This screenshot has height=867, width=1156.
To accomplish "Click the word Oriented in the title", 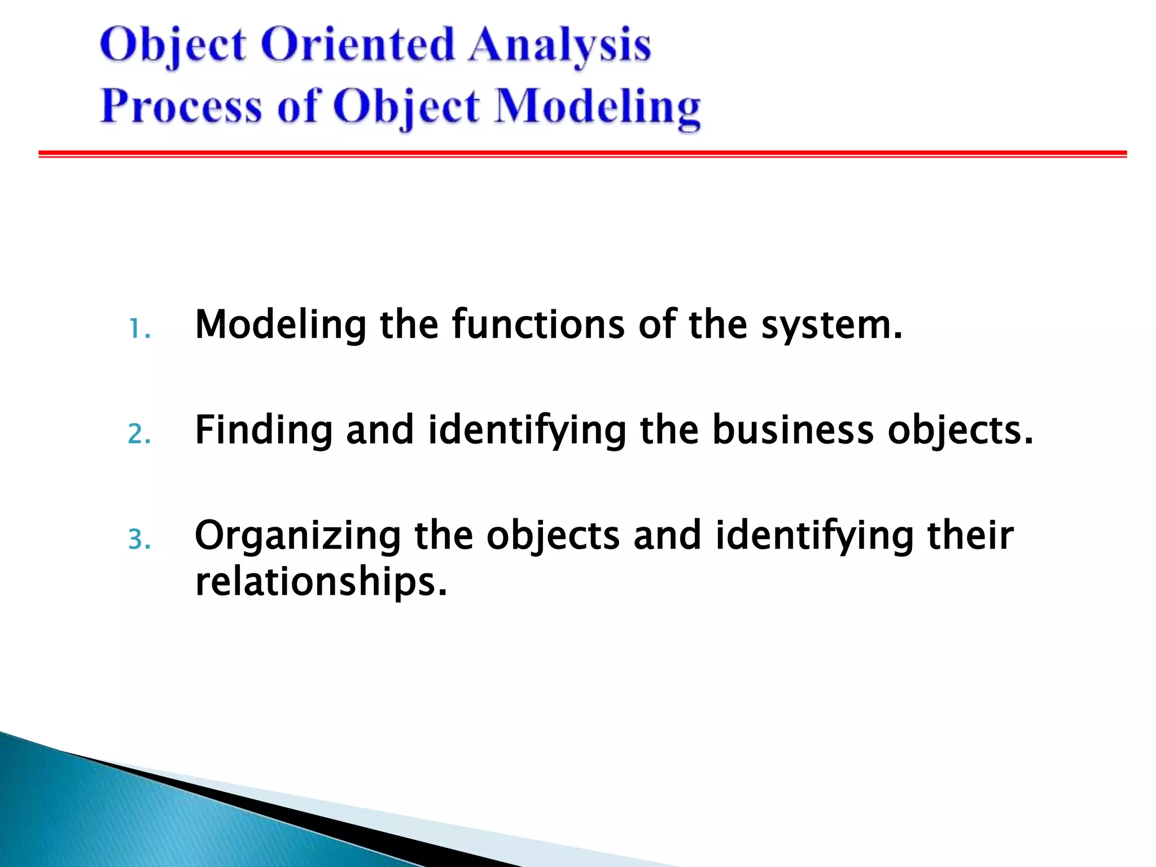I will click(357, 45).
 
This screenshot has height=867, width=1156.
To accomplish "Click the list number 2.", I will click(138, 435).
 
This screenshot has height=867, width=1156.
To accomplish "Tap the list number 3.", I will click(138, 540).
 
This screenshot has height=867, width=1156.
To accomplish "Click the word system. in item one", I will click(831, 326).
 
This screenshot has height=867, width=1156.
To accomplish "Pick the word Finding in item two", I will click(263, 431).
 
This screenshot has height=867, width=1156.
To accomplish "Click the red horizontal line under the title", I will click(581, 154).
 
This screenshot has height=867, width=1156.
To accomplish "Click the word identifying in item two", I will click(527, 431).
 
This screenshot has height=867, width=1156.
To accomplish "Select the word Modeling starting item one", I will click(280, 326).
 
